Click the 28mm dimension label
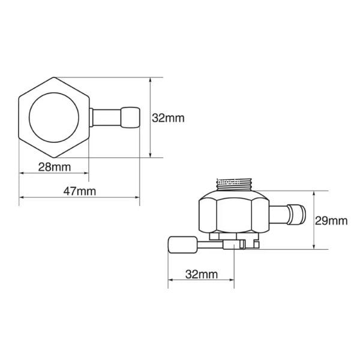point(55,167)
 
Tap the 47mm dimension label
point(80,191)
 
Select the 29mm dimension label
point(331,221)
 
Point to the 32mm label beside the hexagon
point(168,118)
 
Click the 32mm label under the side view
point(202,274)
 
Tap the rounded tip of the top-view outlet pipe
point(130,118)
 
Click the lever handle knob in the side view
point(183,245)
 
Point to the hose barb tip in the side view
point(296,215)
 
